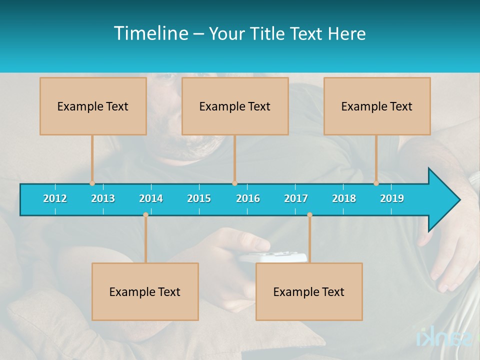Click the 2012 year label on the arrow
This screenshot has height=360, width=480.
click(55, 198)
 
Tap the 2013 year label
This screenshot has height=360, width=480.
click(103, 198)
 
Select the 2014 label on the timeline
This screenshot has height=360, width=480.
click(151, 198)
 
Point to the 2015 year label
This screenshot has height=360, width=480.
click(199, 198)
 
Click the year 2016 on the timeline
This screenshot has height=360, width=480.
click(248, 198)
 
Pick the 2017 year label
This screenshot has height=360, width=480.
click(296, 198)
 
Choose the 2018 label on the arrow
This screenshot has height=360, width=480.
click(344, 198)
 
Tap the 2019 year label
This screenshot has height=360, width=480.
click(392, 198)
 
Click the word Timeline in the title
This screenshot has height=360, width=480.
click(151, 33)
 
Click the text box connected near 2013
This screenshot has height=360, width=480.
click(93, 106)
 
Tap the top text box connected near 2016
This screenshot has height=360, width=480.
click(235, 106)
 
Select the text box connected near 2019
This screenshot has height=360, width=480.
click(377, 106)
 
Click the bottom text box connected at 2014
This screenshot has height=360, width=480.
click(145, 291)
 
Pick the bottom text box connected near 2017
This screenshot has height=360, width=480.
click(309, 291)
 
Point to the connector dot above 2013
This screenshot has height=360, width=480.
click(92, 183)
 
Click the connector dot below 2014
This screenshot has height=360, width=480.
click(145, 215)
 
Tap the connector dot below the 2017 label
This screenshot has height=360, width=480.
click(309, 215)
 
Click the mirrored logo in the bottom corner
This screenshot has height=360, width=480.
click(444, 336)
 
